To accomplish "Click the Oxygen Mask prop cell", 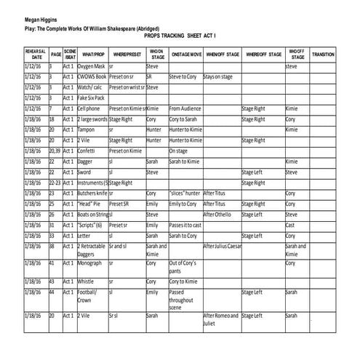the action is [92, 66].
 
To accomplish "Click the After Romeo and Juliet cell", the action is [220, 319].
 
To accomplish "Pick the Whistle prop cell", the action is [87, 281].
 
